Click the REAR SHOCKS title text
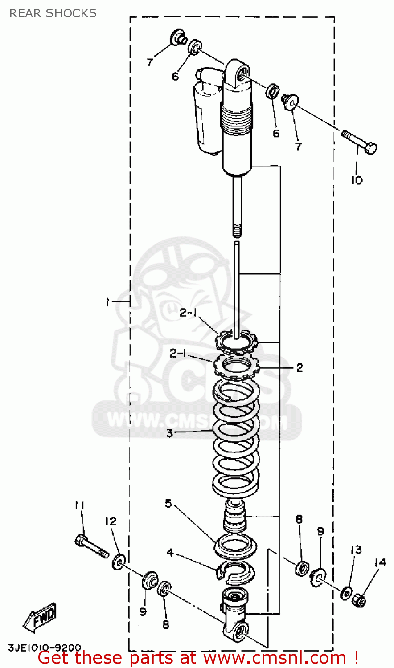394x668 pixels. [53, 13]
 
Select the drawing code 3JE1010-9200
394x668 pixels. [45, 647]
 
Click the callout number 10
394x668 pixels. [357, 180]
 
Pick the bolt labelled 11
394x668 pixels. [91, 547]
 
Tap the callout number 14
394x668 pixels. [380, 563]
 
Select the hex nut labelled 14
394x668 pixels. [360, 601]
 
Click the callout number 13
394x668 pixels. [356, 550]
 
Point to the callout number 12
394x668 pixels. [111, 521]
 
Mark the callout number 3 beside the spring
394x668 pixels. [169, 433]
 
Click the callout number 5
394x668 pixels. [168, 503]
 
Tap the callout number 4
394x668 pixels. [170, 553]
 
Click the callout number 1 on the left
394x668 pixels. [107, 302]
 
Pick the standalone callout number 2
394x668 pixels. [300, 367]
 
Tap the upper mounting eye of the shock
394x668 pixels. [241, 72]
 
